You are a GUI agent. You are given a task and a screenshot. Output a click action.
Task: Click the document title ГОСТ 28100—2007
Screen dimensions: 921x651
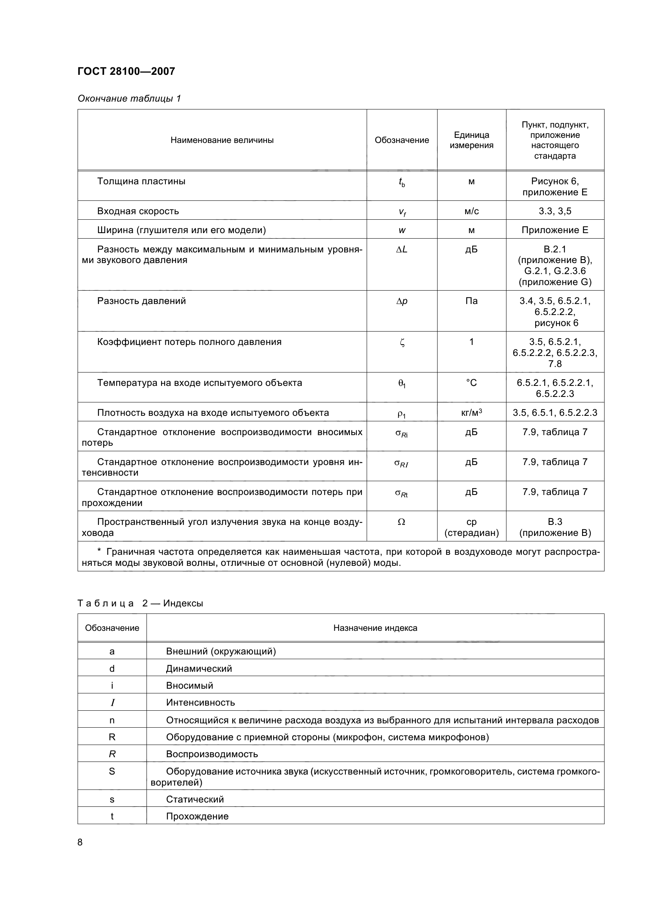(x=126, y=71)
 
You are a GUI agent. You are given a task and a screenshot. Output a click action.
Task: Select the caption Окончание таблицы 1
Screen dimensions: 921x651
(x=129, y=98)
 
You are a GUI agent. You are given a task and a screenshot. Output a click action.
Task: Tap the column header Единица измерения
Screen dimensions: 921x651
(x=471, y=140)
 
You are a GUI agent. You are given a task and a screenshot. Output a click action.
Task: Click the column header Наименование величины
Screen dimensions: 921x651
(x=222, y=140)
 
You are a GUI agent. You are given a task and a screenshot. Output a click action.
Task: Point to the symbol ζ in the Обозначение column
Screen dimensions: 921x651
(x=402, y=342)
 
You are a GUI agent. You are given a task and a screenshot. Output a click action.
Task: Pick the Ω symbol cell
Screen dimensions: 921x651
(x=402, y=522)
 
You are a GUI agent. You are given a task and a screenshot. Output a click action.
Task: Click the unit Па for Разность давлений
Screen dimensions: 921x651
(x=471, y=301)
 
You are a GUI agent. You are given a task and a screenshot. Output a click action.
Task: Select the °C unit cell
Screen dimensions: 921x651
(x=471, y=383)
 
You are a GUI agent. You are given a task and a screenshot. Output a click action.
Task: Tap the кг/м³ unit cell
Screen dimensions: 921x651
(x=471, y=412)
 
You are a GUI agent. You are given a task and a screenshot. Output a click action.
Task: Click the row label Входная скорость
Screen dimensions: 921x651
(x=138, y=211)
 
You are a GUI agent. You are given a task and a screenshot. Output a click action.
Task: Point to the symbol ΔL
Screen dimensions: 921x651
(x=402, y=250)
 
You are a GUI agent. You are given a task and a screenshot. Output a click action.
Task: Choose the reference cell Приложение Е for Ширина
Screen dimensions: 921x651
(x=555, y=230)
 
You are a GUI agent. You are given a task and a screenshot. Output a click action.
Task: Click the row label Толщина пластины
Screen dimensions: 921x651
(x=141, y=181)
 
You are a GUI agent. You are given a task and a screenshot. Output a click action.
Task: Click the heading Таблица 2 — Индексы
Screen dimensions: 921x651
(x=140, y=603)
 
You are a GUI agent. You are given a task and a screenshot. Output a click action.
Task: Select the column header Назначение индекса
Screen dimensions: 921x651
(x=375, y=628)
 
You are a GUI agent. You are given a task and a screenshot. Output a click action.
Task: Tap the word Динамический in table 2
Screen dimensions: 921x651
(x=199, y=669)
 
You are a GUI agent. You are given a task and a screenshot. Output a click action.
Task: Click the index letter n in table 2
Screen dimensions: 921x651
(x=112, y=720)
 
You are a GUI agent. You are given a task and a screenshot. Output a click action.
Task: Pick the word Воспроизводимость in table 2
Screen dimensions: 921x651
(x=212, y=754)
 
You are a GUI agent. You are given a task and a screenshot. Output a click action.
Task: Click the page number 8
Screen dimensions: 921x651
(x=80, y=842)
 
